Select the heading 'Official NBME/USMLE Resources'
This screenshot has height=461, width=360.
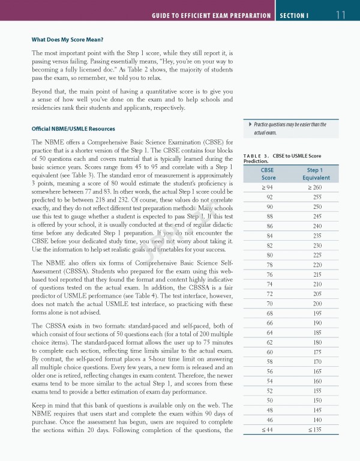(73, 129)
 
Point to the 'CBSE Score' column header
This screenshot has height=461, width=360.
(269, 174)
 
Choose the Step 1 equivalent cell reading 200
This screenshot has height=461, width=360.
(317, 304)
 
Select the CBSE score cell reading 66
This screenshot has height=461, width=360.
(269, 323)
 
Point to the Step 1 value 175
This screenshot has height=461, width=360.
(317, 352)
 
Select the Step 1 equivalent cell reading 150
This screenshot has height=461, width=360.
(317, 400)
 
